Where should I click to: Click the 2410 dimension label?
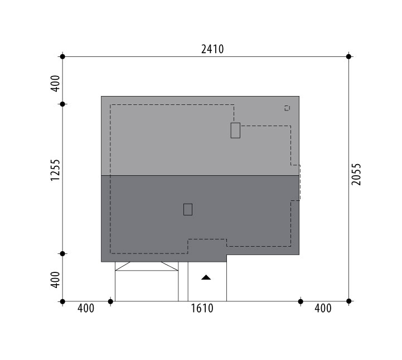tap(212, 49)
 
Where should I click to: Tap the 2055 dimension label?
tap(356, 174)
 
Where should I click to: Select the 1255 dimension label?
tap(55, 170)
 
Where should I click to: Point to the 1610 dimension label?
tap(202, 308)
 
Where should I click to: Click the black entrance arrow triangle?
tap(206, 277)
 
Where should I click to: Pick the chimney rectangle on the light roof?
tap(235, 131)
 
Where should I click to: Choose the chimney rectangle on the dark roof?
tap(188, 209)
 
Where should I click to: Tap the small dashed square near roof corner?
tap(287, 108)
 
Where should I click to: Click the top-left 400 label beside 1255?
tap(55, 83)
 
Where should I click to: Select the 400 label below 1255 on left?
tap(55, 280)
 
